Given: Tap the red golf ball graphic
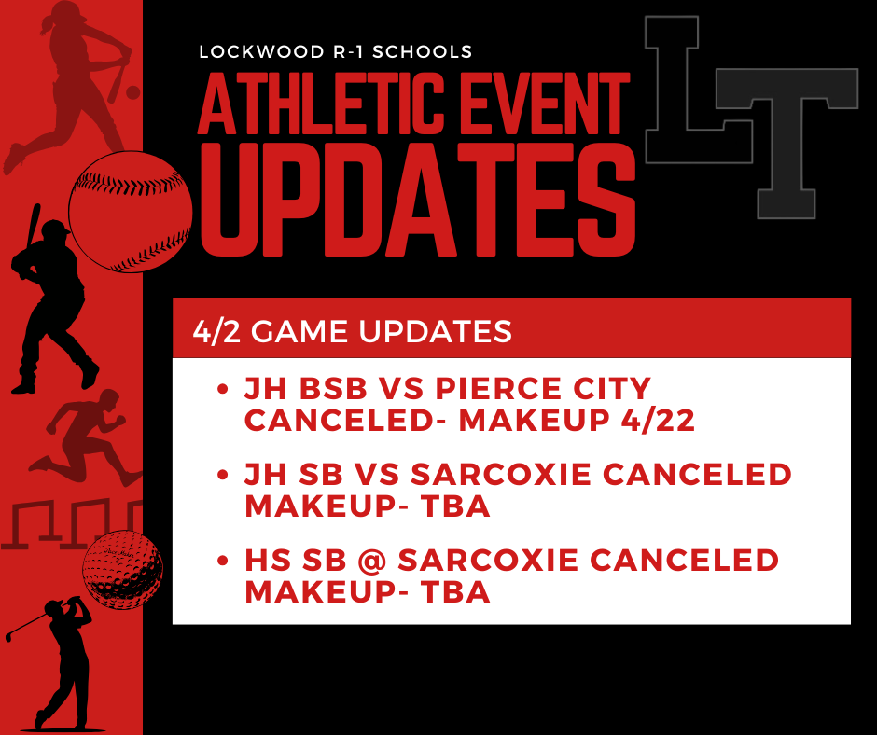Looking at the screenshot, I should point(122,570).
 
